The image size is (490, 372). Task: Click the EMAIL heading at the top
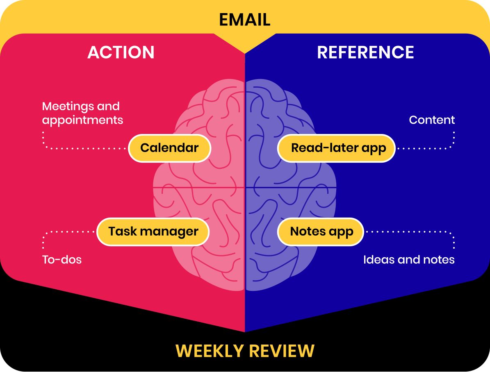[x=245, y=20]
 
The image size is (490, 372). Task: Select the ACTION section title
[x=121, y=52]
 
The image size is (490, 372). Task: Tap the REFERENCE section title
[x=365, y=52]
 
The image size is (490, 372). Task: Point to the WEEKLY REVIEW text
[x=245, y=351]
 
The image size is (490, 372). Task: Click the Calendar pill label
[x=169, y=148]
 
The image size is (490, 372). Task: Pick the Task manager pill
[x=153, y=231]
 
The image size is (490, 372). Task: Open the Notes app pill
[x=321, y=231]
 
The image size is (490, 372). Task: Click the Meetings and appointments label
[x=82, y=113]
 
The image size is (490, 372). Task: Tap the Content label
[x=432, y=120]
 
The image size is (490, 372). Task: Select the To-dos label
[x=62, y=259]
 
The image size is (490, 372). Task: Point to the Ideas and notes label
[x=409, y=259]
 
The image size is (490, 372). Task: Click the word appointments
[x=82, y=120]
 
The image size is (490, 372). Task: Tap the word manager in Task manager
[x=169, y=231]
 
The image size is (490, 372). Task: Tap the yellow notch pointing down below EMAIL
[x=245, y=45]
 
